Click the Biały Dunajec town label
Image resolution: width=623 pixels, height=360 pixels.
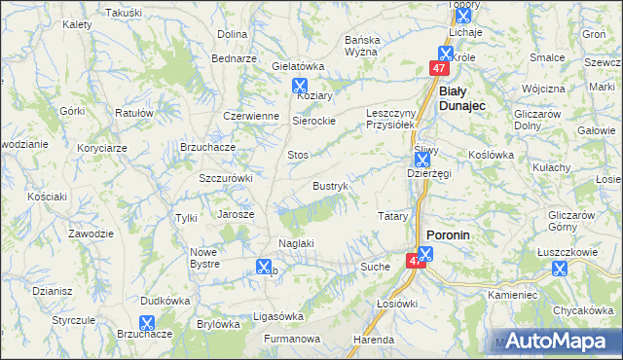463,97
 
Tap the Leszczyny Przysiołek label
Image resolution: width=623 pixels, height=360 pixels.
391,118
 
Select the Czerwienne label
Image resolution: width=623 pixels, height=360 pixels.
251,115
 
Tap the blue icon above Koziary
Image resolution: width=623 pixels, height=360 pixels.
299,85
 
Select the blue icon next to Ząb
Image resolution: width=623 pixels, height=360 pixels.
263,266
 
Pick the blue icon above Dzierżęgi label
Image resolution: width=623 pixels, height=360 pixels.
421,158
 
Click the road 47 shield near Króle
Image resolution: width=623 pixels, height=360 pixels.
439,69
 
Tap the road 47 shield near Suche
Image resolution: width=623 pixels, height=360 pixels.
417,262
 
